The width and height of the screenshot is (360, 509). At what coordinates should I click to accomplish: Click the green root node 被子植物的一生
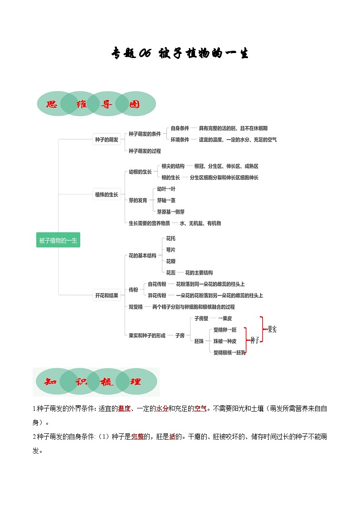click(58, 240)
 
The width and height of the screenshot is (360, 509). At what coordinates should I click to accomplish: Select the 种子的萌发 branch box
click(106, 140)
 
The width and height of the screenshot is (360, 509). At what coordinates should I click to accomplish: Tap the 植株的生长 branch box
click(106, 194)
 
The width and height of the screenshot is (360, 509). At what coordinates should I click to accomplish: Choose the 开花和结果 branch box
click(106, 296)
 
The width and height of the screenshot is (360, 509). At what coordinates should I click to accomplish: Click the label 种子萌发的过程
click(145, 151)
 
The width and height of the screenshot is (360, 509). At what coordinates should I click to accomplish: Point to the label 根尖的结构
click(173, 166)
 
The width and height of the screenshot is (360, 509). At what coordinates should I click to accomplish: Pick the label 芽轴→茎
click(166, 200)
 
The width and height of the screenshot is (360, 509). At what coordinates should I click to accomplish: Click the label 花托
click(170, 238)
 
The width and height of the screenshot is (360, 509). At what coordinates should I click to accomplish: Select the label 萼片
click(170, 250)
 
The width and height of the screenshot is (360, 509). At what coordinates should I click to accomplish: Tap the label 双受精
click(136, 307)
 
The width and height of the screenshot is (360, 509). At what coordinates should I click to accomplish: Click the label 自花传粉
click(157, 284)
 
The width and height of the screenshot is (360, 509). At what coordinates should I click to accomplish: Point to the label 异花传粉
click(157, 296)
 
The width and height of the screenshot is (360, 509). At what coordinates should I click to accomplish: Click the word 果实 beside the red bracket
click(272, 330)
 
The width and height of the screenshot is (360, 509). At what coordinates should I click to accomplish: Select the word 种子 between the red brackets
click(254, 340)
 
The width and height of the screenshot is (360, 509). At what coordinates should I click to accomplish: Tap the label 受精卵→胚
click(224, 330)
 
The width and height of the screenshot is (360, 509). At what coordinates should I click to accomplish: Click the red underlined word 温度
click(124, 408)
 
